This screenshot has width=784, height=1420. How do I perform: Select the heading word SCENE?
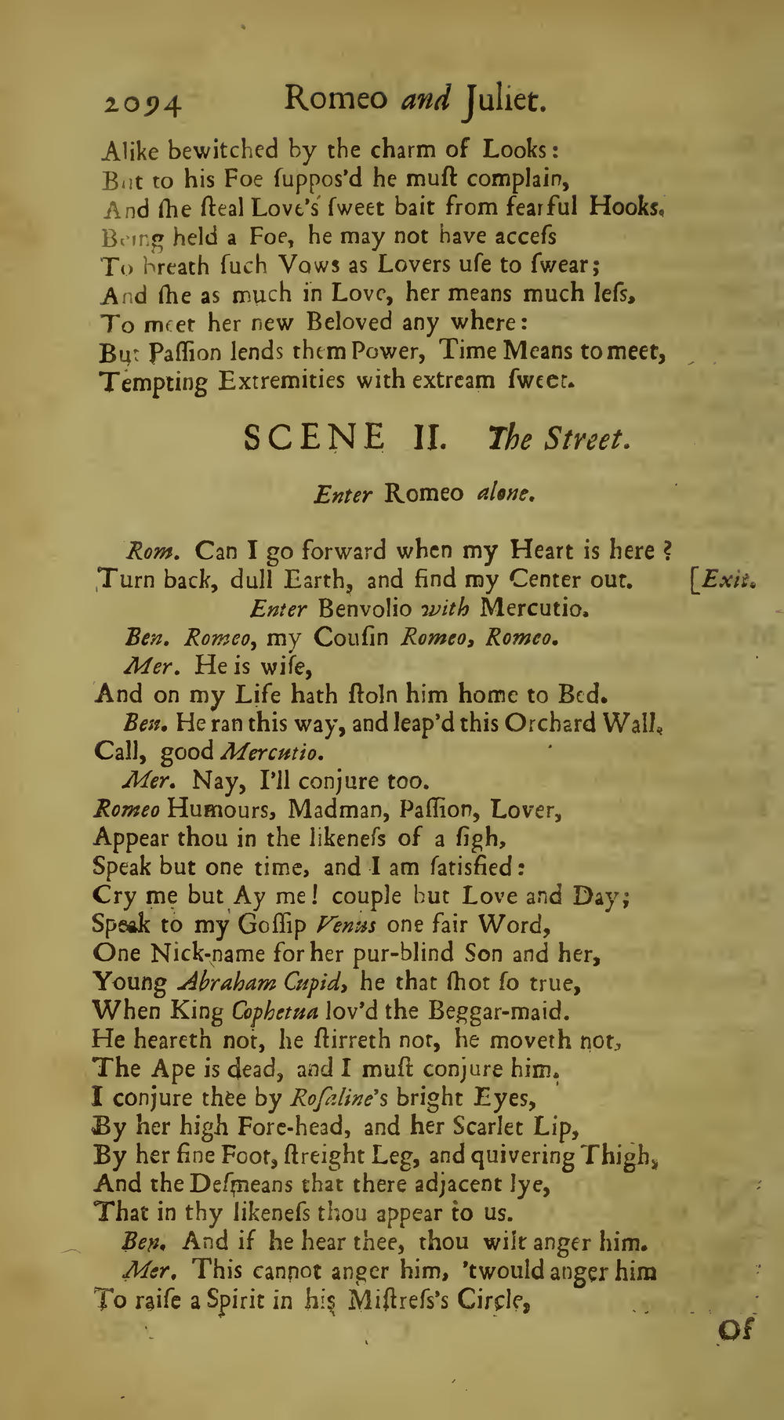click(x=314, y=438)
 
